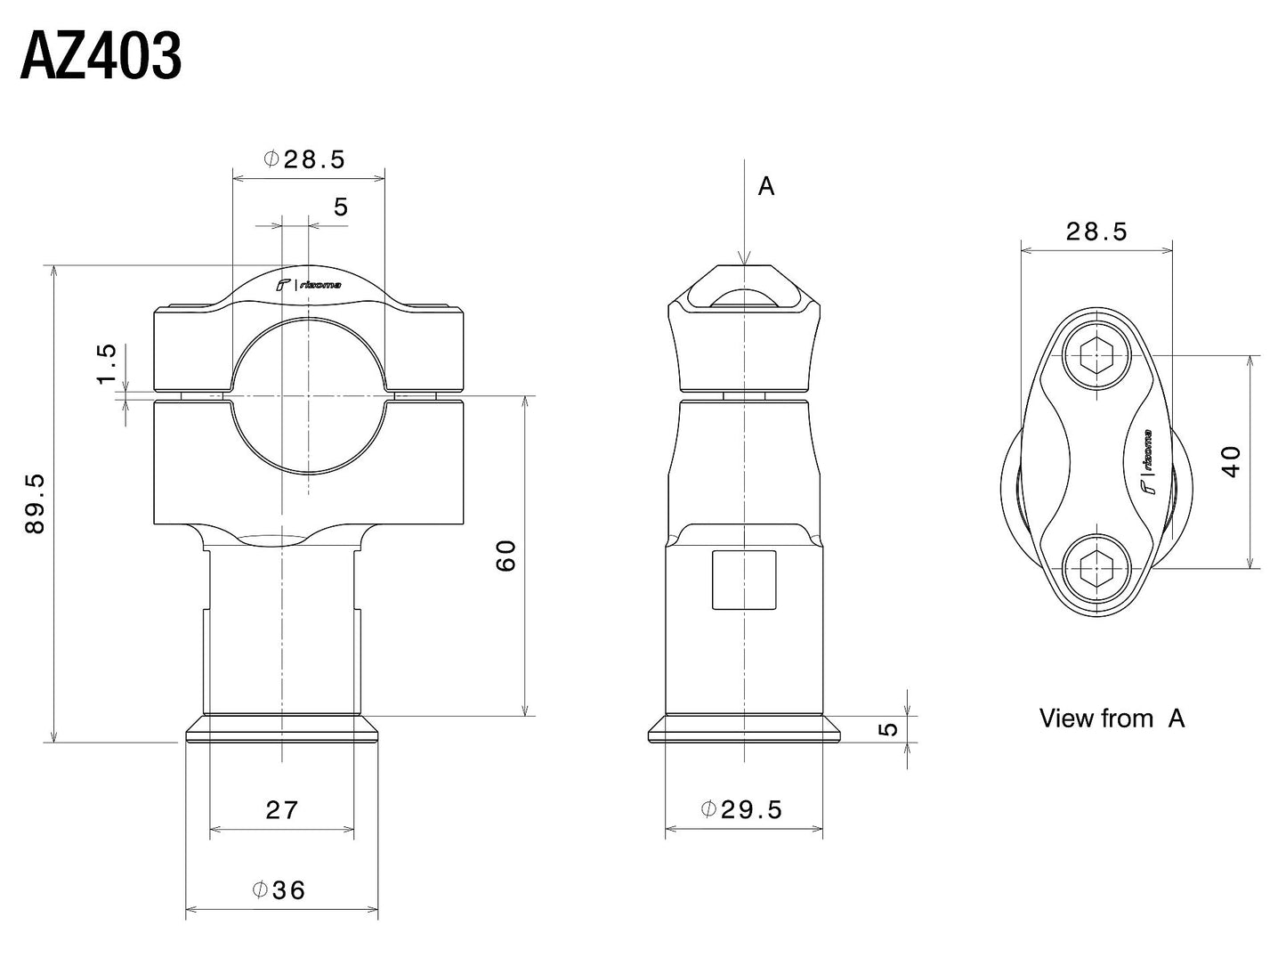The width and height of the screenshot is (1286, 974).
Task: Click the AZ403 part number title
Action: tap(101, 59)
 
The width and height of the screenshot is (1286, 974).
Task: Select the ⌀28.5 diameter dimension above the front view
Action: tap(304, 159)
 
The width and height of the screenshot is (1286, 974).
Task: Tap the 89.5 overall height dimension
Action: tap(35, 503)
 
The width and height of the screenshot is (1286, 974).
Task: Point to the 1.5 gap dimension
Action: tap(107, 364)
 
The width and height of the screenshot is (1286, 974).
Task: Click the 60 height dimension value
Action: tap(506, 556)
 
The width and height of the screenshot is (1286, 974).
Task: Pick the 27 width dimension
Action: tap(282, 810)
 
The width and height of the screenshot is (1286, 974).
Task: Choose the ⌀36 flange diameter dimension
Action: tap(279, 889)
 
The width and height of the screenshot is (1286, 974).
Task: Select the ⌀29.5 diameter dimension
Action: tap(741, 809)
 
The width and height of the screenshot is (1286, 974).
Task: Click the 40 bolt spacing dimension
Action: tap(1231, 461)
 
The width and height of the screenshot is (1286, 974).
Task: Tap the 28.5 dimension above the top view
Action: tap(1096, 232)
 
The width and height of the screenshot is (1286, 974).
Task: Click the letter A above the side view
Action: tap(765, 187)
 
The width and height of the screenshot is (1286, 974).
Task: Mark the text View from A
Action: tap(1112, 718)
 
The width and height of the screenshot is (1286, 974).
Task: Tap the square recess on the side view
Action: tap(744, 580)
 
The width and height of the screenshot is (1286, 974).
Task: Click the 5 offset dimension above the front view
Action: tap(341, 207)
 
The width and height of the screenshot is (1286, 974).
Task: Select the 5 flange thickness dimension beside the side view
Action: tap(888, 729)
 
